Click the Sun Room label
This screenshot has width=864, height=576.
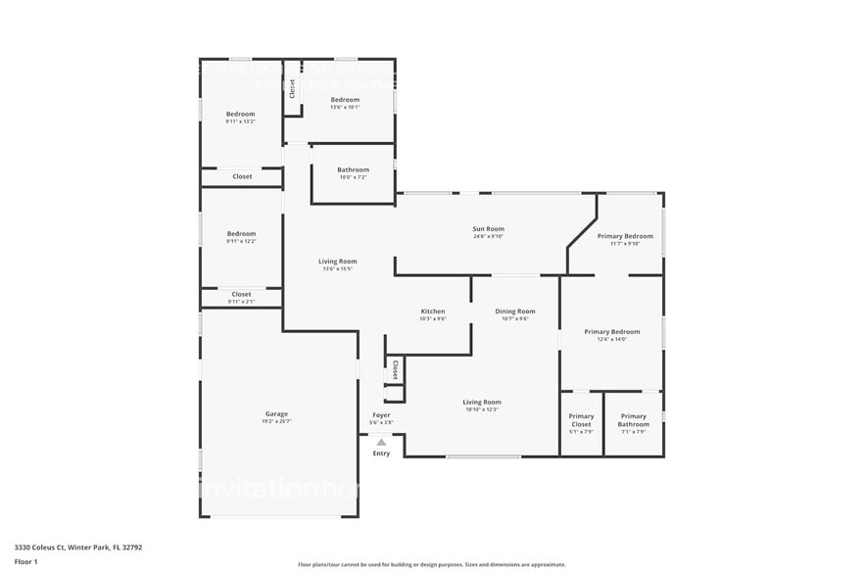(488, 232)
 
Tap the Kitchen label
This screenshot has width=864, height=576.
(433, 314)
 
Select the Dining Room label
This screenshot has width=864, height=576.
(514, 314)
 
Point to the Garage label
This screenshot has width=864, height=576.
(276, 417)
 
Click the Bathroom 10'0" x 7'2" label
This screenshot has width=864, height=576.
(353, 172)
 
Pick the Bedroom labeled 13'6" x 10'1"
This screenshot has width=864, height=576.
(345, 103)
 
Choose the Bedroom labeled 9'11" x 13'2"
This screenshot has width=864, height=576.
(240, 118)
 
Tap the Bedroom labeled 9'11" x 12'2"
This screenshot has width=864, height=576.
(241, 237)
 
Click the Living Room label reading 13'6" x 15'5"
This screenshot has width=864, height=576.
(337, 264)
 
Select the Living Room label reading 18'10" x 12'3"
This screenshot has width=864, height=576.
(481, 405)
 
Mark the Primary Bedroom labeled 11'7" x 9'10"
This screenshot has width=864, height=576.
(625, 239)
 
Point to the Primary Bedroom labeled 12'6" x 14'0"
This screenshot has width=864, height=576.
(611, 335)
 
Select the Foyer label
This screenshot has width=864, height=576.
(380, 418)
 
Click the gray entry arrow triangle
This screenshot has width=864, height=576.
(381, 443)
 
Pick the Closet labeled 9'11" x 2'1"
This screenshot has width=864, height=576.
(241, 297)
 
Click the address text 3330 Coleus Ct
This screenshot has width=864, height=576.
(77, 548)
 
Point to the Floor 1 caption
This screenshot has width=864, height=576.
(25, 561)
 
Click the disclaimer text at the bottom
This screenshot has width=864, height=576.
(431, 564)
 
